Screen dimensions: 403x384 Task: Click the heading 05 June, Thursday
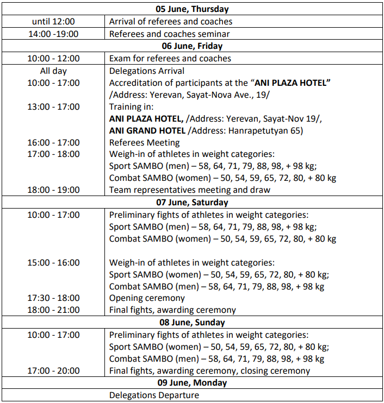[192, 9]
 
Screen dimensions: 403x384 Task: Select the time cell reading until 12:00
[53, 22]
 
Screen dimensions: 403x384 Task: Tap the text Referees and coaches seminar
[170, 34]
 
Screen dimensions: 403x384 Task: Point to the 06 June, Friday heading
[192, 46]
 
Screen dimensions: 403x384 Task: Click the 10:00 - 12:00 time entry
[53, 58]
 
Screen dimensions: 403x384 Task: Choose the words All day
[53, 71]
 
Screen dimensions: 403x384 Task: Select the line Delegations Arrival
[147, 71]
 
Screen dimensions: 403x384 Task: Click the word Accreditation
[136, 83]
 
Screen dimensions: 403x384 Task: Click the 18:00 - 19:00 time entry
[53, 190]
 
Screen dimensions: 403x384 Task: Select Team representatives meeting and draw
[190, 190]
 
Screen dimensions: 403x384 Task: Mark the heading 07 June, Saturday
[192, 203]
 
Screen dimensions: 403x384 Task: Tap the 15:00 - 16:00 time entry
[53, 262]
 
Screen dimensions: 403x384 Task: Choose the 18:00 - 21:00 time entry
[53, 310]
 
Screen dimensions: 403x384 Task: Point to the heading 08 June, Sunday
[192, 322]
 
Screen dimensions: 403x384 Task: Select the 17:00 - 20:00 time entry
[53, 371]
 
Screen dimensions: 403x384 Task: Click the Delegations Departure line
[154, 395]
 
